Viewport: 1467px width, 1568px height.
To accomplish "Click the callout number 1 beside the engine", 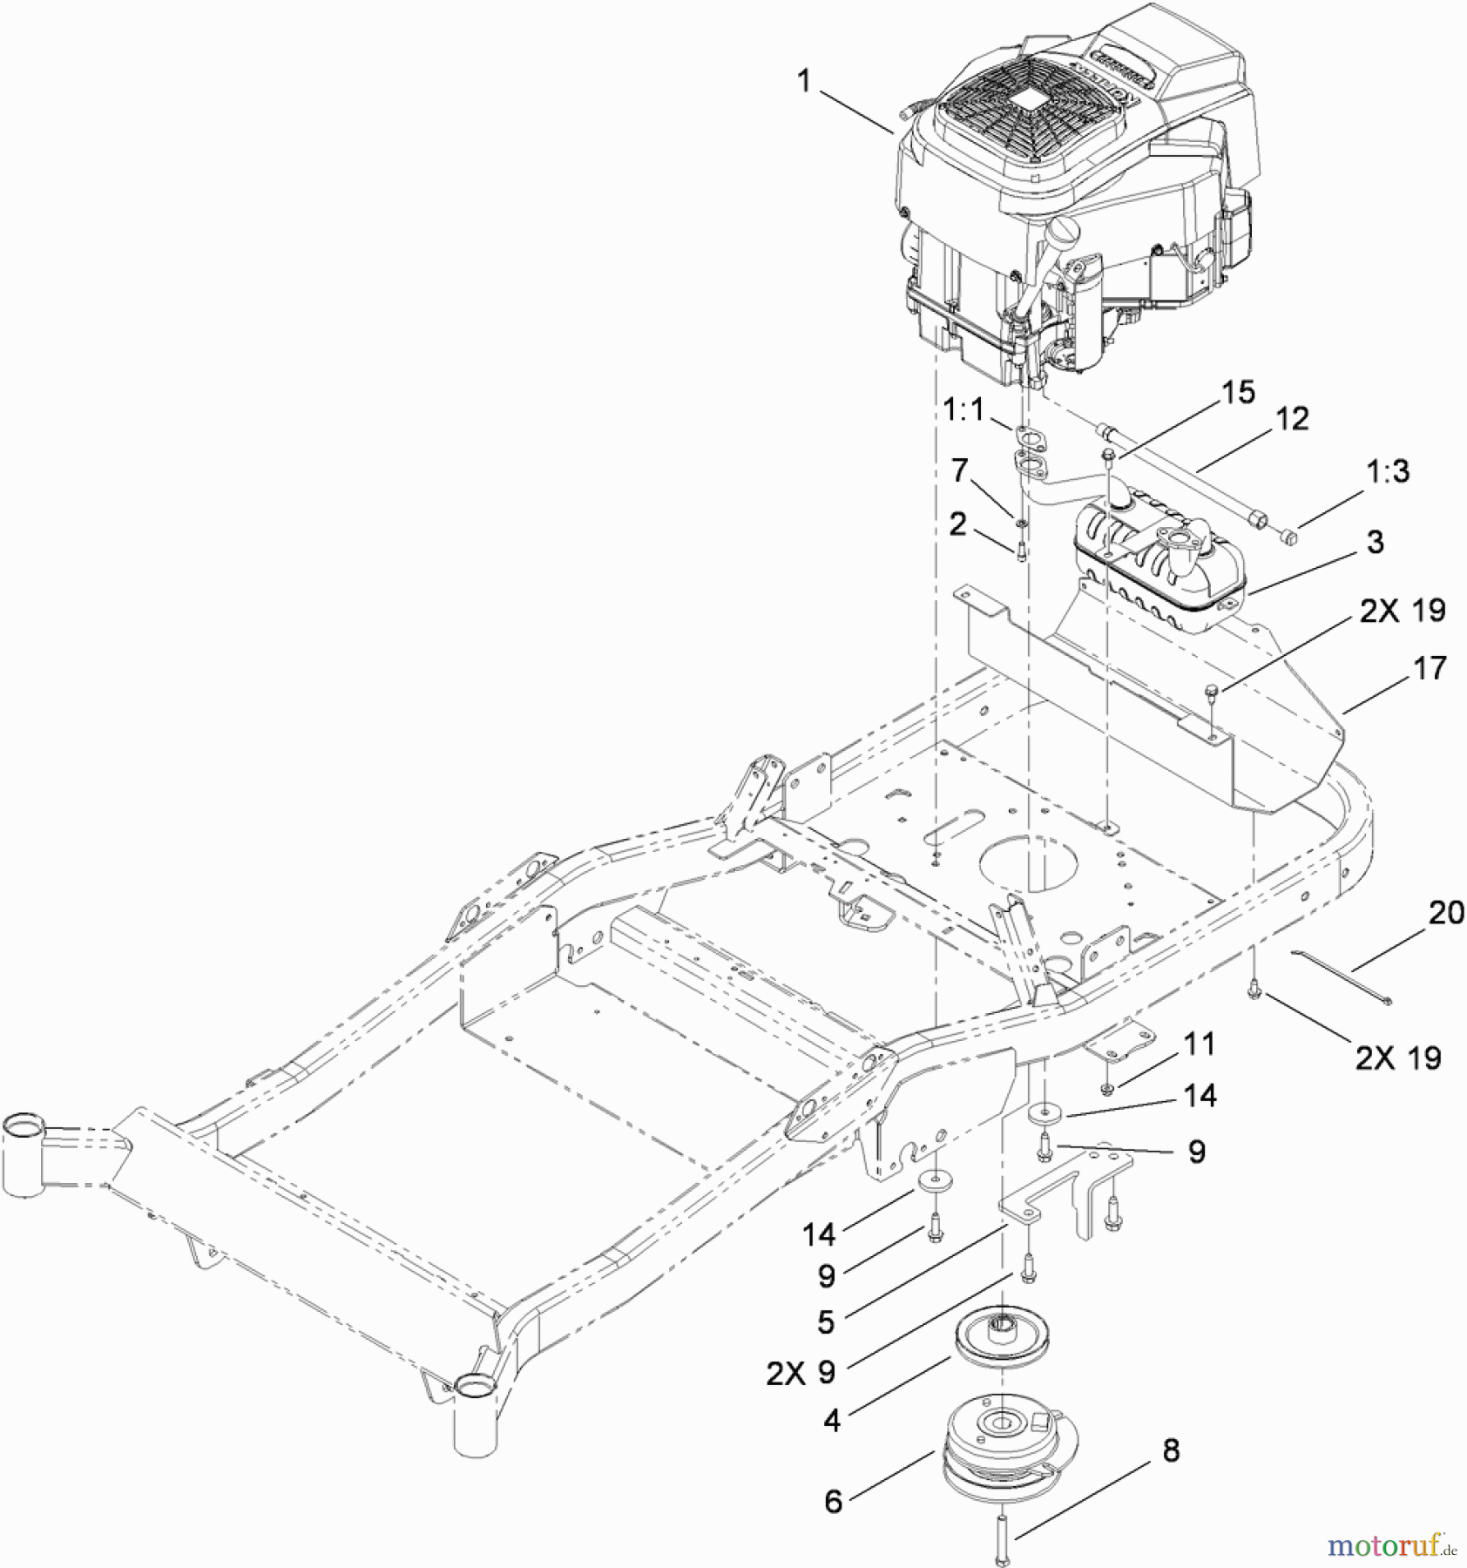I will pos(803,82).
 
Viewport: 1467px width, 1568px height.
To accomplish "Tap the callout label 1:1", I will pos(963,409).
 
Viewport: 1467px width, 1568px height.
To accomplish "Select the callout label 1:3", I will pos(1387,471).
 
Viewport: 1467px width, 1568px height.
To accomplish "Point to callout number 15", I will pos(1239,392).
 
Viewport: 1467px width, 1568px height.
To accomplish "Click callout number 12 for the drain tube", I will pos(1292,419).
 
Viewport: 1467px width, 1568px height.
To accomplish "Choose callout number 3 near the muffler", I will pos(1375,542).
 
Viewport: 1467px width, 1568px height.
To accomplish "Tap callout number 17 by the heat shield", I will pos(1430,668).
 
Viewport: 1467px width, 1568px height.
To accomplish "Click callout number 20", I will pos(1446,913).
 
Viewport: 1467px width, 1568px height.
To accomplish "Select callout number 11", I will pos(1200,1043).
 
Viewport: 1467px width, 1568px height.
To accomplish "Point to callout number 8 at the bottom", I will pos(1171,1450).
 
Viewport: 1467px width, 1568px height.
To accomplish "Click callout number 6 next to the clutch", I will pos(834,1501).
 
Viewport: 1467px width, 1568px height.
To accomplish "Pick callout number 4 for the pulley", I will pos(833,1421).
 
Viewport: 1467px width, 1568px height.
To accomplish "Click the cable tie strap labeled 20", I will pos(1342,977).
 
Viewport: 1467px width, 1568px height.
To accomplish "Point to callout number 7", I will pos(959,470).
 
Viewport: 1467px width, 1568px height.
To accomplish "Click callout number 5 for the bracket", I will pos(826,1321).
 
